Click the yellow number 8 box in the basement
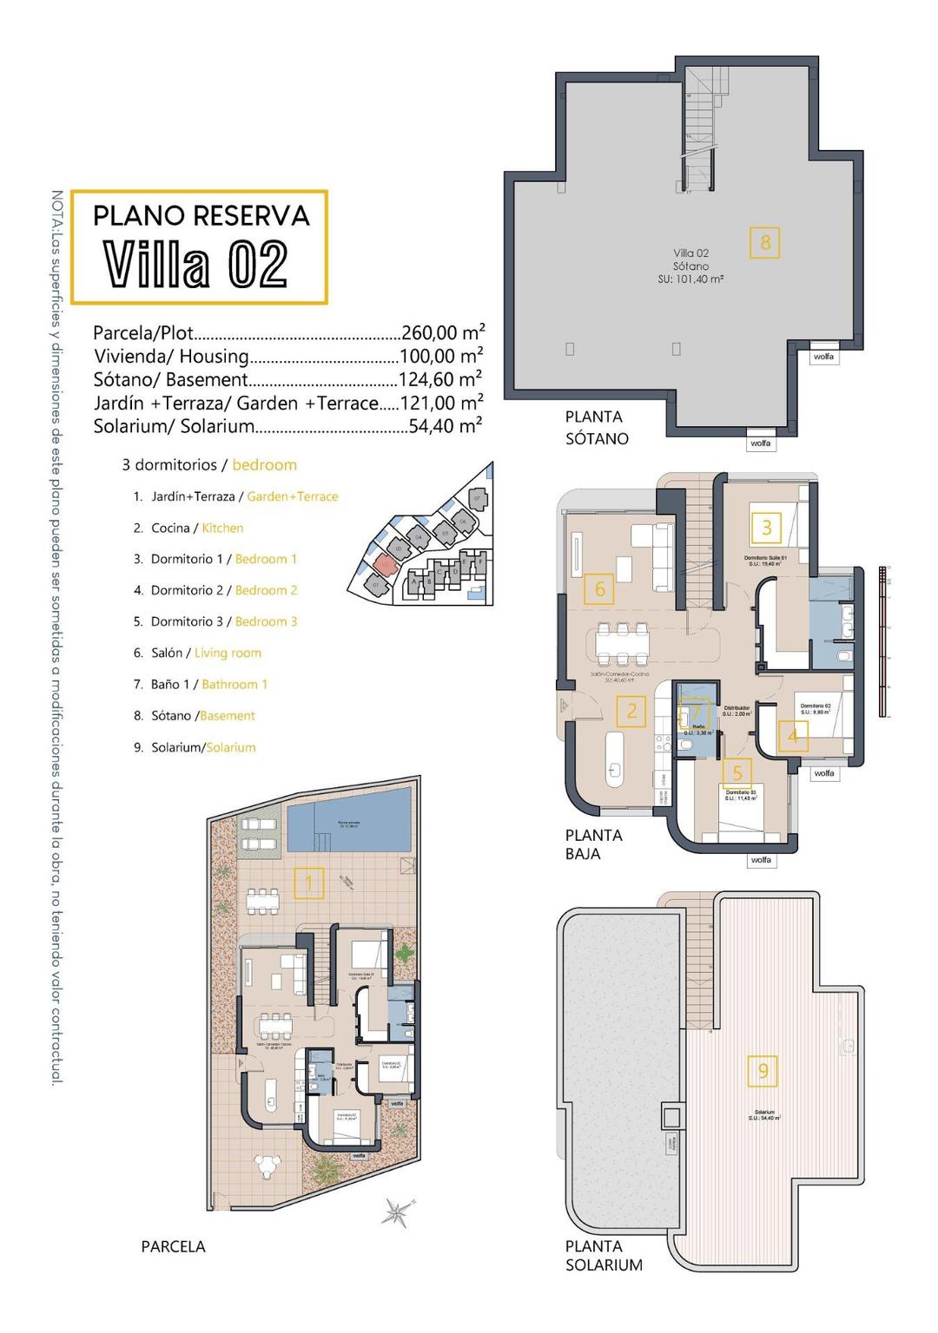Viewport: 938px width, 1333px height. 764,242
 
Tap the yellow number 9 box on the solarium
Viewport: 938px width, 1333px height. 763,1071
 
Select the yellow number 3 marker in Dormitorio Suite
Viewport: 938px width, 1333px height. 766,527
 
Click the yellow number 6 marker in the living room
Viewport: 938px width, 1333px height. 599,589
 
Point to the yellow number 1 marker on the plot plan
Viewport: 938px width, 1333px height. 308,883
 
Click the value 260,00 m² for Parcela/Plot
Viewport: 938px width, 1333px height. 443,332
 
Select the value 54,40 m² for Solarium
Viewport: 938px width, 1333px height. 446,426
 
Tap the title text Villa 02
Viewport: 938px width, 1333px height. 196,264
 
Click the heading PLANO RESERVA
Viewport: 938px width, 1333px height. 201,215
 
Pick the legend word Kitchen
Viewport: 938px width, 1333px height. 222,528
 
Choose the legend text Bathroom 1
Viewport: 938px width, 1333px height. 234,684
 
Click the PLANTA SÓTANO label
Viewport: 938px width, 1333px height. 597,428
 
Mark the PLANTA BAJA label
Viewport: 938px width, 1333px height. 594,844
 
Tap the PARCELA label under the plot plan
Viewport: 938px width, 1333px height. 173,1246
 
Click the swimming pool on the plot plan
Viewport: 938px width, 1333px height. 347,826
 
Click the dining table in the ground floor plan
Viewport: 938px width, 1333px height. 622,643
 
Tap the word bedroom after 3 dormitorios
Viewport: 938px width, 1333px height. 264,465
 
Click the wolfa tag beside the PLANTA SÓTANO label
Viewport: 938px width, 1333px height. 760,443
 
